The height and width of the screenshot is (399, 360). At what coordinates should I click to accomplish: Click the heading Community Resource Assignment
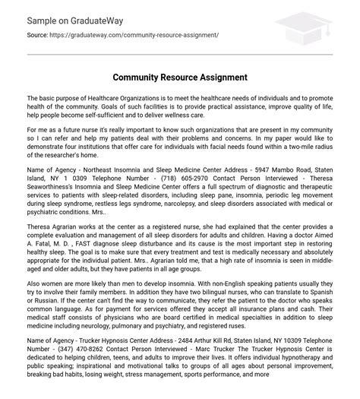click(180, 78)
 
